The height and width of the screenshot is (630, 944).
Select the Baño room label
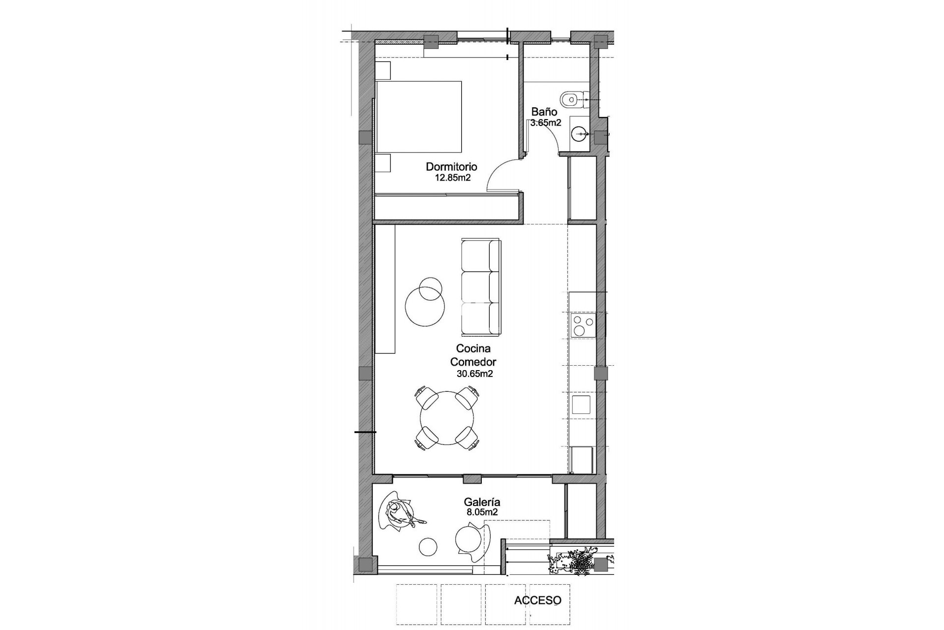544,112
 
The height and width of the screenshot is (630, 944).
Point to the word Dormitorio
451,167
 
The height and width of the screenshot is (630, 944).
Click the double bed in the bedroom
419,117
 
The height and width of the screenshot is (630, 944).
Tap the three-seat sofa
481,287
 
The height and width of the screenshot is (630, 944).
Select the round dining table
447,418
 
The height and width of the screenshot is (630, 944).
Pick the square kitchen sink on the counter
581,405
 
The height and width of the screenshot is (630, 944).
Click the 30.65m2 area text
474,374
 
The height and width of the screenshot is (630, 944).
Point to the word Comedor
473,362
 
